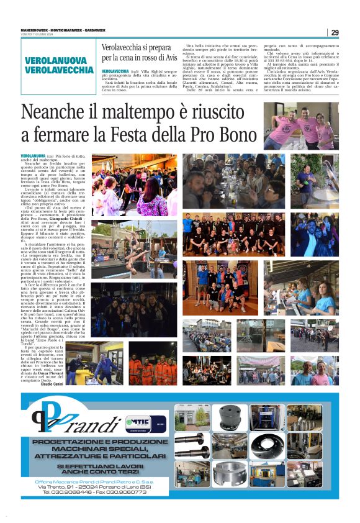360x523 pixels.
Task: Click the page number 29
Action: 335,32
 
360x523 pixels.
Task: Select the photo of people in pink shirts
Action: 300,127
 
